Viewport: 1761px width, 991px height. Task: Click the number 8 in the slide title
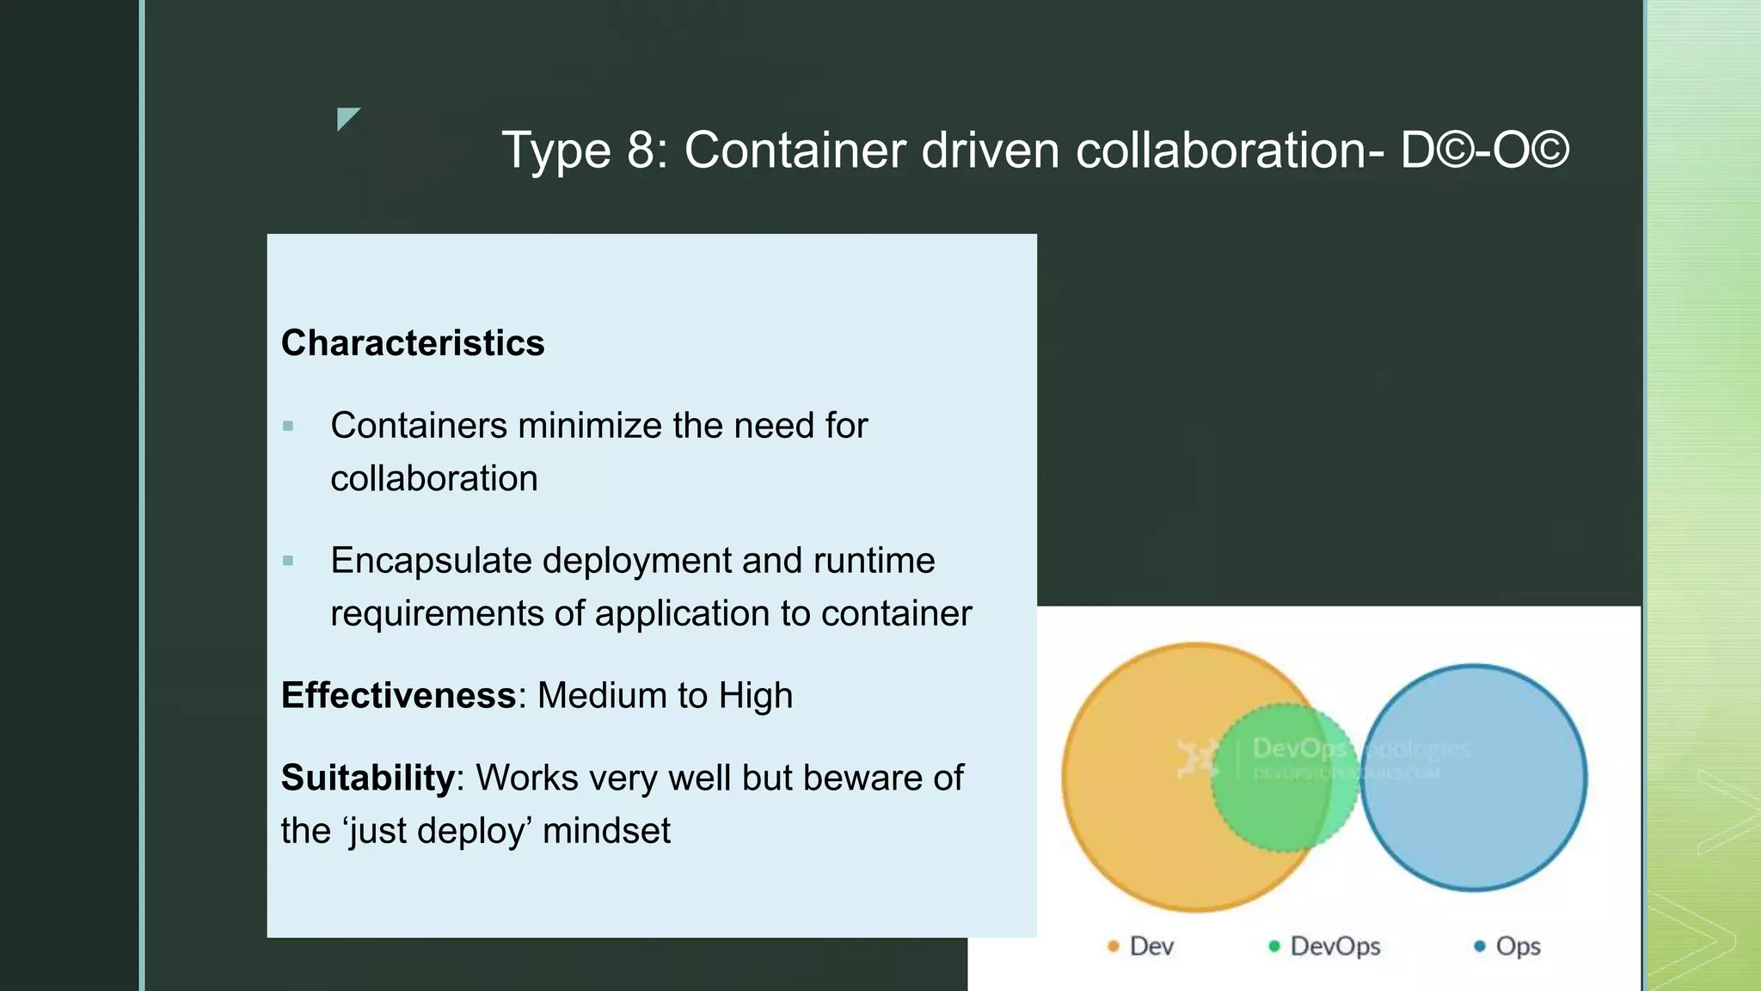coord(641,151)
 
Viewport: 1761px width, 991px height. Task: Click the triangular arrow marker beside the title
coord(347,118)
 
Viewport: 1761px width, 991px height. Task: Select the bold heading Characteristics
coord(413,343)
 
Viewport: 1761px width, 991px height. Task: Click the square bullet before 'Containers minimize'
coord(288,426)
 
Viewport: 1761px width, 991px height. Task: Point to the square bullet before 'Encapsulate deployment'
coord(288,561)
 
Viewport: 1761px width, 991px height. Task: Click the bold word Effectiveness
coord(398,696)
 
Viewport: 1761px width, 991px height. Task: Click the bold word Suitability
coord(367,778)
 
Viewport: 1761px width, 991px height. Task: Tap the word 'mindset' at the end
coord(606,831)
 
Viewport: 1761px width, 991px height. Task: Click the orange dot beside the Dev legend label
coord(1113,946)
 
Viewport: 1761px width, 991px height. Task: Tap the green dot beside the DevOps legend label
coord(1274,946)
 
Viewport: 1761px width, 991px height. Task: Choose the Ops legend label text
coord(1518,946)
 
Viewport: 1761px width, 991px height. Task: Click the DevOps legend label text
coord(1335,946)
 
